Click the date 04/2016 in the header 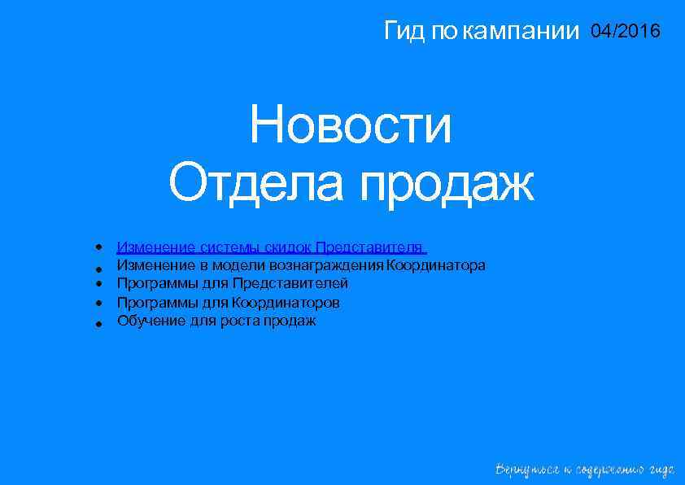(x=626, y=32)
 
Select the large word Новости (x=351, y=127)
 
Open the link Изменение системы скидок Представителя (x=271, y=247)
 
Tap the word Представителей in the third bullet (x=290, y=283)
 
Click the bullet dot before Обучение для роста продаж (x=97, y=323)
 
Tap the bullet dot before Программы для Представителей (x=97, y=284)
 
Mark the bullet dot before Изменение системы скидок (x=97, y=247)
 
